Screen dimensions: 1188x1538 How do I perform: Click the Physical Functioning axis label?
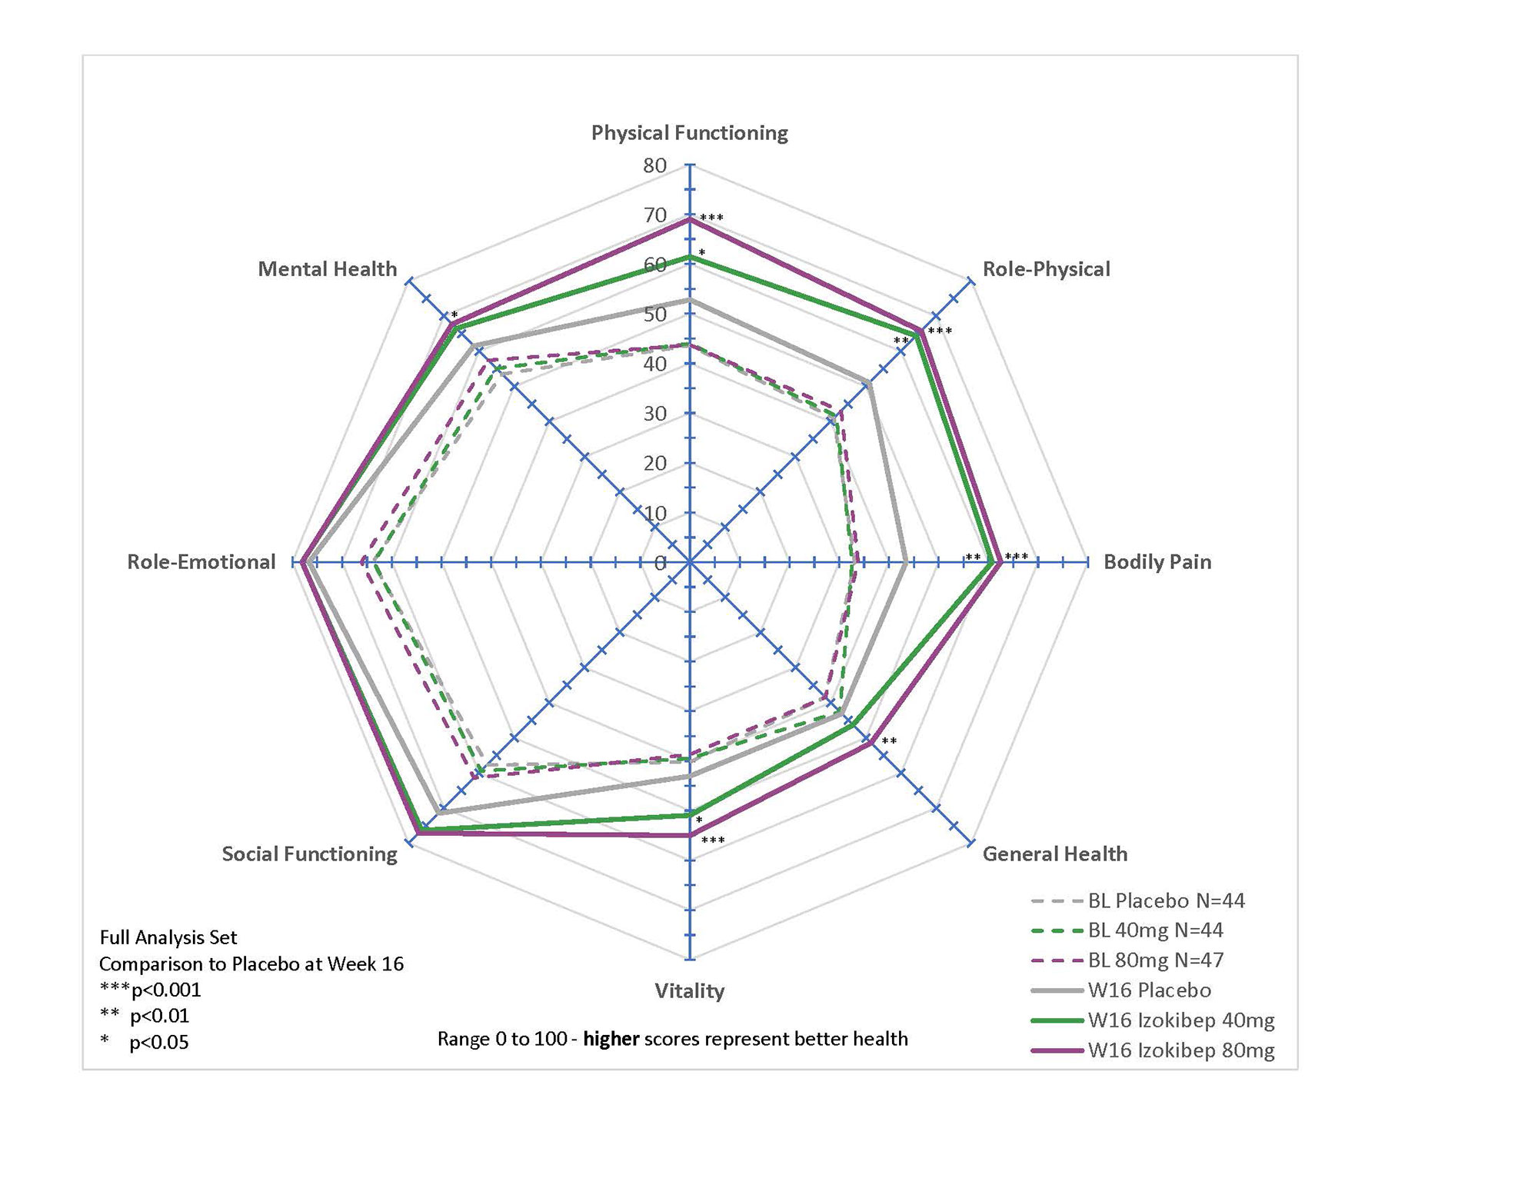tap(689, 133)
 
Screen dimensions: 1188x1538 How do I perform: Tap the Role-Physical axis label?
tap(1046, 269)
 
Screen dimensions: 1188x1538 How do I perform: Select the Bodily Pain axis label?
tap(1157, 562)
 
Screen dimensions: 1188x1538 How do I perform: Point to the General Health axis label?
tap(1054, 854)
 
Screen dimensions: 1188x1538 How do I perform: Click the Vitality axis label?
tap(689, 990)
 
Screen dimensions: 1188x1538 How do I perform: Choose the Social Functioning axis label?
tap(309, 854)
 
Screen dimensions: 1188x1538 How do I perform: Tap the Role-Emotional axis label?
tap(201, 562)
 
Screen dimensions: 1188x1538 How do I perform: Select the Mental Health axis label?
tap(327, 269)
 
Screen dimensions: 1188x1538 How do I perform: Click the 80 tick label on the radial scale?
tap(655, 165)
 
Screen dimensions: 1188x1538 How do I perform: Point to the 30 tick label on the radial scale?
tap(655, 414)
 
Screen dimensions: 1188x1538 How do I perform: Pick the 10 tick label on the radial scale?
tap(655, 513)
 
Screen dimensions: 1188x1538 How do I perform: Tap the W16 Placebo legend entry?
tap(1149, 990)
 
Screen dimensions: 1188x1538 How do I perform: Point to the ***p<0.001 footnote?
tap(151, 990)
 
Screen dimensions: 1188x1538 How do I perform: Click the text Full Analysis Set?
tap(168, 937)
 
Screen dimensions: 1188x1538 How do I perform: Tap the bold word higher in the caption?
tap(611, 1040)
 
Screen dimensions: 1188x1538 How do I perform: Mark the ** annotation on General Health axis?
tap(889, 742)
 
